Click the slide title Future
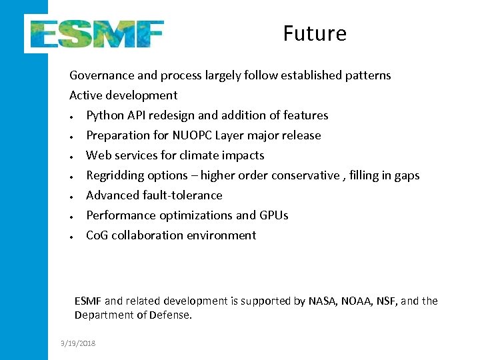315,33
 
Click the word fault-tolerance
182,195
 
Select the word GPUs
274,215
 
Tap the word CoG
97,235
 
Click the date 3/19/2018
77,343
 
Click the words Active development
123,95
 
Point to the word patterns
368,75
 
